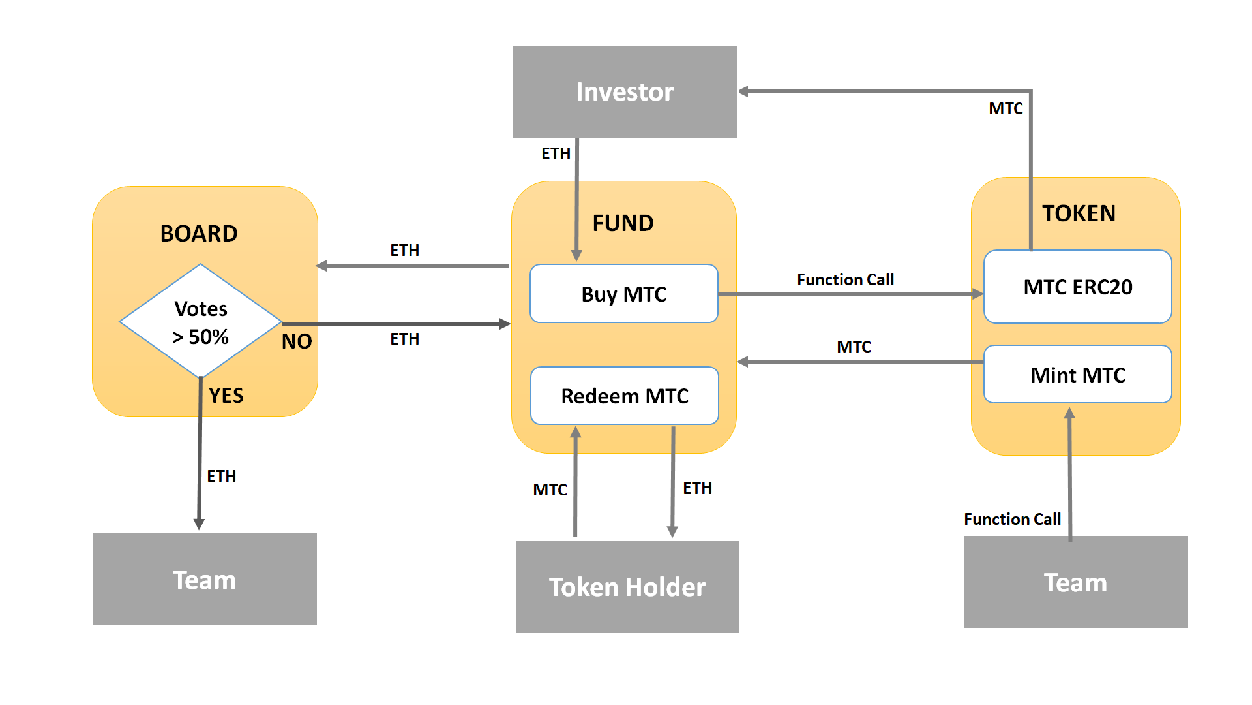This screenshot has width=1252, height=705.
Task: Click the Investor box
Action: click(x=625, y=92)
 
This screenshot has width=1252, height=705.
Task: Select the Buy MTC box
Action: click(x=624, y=294)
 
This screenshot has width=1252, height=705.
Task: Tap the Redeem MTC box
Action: click(x=625, y=396)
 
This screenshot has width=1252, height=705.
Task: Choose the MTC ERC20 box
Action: click(x=1077, y=287)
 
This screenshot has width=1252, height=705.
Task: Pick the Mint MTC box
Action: click(x=1077, y=375)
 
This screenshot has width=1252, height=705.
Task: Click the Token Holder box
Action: click(x=627, y=586)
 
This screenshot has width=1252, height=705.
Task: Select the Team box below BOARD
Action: click(x=205, y=580)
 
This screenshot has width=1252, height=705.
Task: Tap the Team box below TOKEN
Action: click(x=1076, y=582)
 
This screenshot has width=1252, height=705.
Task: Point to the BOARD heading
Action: click(x=199, y=234)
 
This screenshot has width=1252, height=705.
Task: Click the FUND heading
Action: click(x=623, y=223)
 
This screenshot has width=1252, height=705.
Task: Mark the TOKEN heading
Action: click(x=1079, y=213)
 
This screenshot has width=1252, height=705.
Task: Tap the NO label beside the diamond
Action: click(x=297, y=341)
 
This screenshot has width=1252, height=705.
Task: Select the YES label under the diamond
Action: click(x=226, y=396)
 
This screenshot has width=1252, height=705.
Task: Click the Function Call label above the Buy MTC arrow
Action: click(x=845, y=280)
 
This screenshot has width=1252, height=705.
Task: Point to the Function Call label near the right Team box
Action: click(x=1012, y=520)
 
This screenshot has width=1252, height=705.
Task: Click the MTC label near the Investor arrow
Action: click(x=1006, y=109)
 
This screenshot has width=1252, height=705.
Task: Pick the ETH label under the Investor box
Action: click(x=556, y=154)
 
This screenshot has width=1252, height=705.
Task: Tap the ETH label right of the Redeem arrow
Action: click(x=697, y=488)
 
